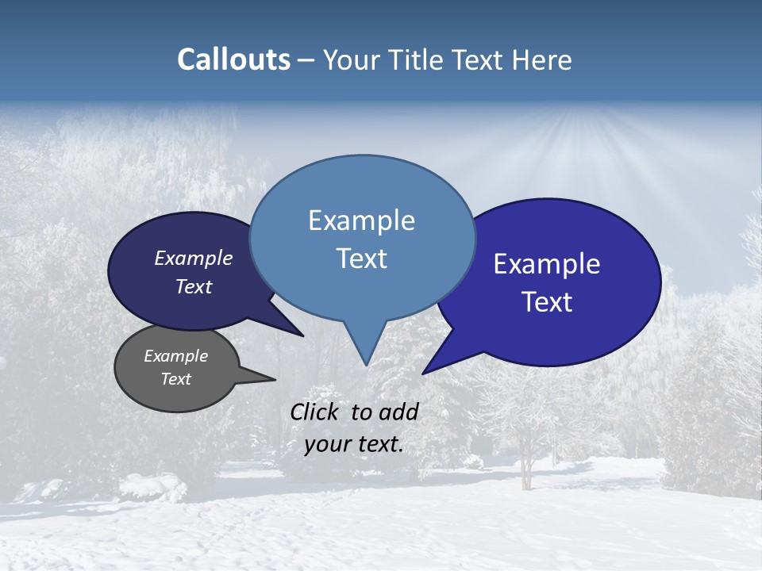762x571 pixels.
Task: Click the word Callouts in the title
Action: [x=234, y=59]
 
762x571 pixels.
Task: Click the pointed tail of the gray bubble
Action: [x=258, y=376]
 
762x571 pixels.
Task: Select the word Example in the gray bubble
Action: [x=176, y=356]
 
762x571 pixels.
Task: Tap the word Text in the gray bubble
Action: [x=176, y=379]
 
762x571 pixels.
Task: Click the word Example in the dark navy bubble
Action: [x=194, y=259]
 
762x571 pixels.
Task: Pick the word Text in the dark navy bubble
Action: [x=194, y=286]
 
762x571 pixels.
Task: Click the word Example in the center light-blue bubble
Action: [x=361, y=220]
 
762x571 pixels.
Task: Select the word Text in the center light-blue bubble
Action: [x=361, y=259]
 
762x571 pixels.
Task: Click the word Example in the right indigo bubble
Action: [x=547, y=264]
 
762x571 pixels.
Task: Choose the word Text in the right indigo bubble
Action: [x=547, y=302]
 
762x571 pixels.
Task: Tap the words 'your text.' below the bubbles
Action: [x=354, y=444]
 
